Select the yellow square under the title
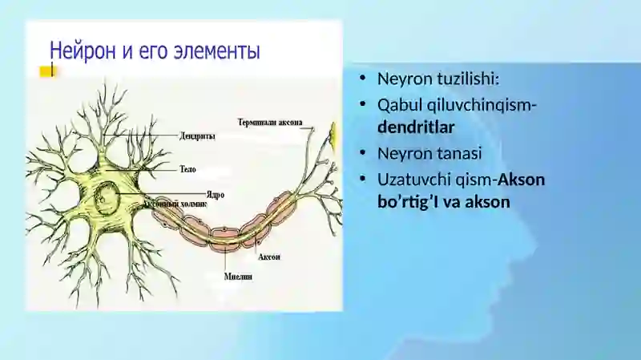coord(46,71)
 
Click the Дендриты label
coord(197,136)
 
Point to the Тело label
coord(188,169)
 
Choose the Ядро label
coord(216,195)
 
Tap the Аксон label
coord(269,257)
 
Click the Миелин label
coord(238,277)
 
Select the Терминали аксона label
coord(270,123)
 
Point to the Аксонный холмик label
coord(175,204)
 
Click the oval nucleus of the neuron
coord(107,196)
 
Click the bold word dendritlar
coord(416,127)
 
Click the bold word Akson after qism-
coord(522,180)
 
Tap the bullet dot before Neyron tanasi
coord(362,153)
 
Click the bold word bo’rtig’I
coord(409,202)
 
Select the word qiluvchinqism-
coord(482,106)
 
